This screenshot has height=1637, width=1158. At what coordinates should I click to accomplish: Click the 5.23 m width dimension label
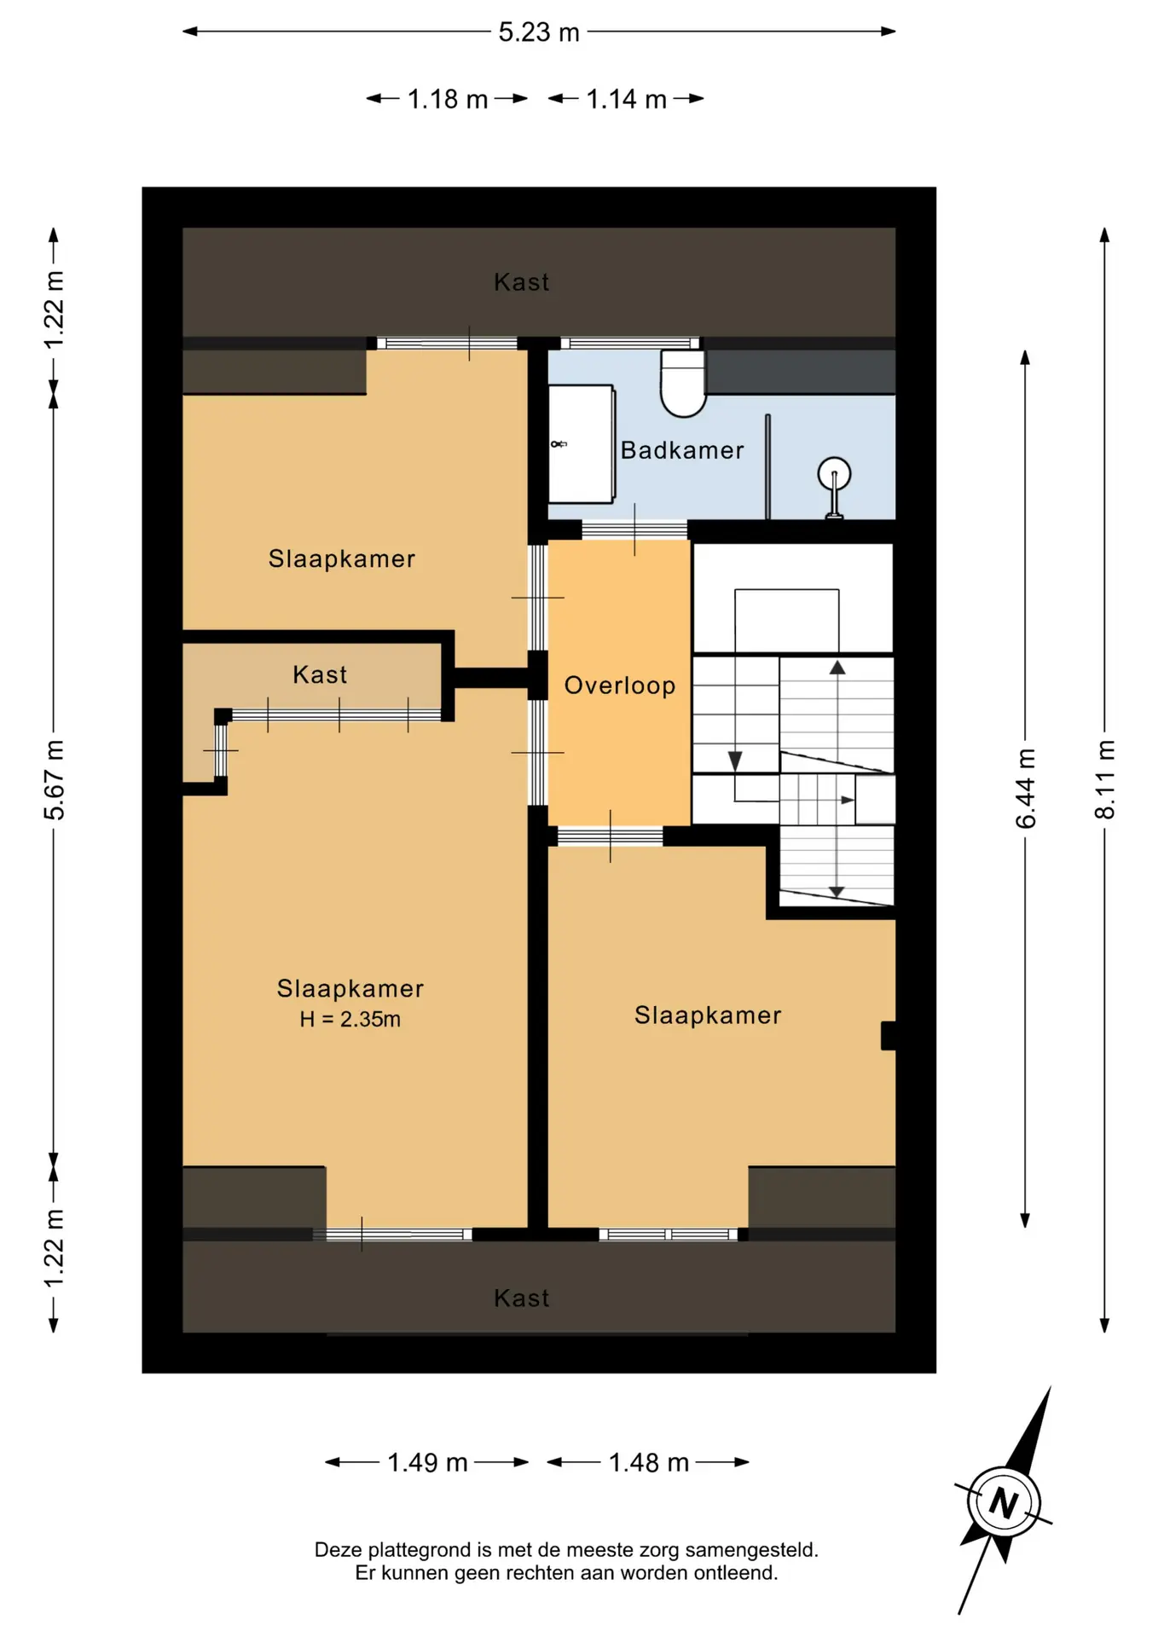pyautogui.click(x=539, y=32)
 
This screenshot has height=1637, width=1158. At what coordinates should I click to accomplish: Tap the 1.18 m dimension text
pyautogui.click(x=448, y=100)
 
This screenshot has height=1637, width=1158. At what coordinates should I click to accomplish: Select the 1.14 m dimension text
pyautogui.click(x=626, y=100)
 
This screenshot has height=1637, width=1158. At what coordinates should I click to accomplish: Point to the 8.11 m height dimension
pyautogui.click(x=1105, y=779)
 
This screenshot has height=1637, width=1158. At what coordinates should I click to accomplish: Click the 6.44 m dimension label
pyautogui.click(x=1026, y=788)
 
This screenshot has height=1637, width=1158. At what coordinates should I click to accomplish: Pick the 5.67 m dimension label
pyautogui.click(x=54, y=780)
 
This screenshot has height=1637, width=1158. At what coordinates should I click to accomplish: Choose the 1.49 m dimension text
pyautogui.click(x=427, y=1463)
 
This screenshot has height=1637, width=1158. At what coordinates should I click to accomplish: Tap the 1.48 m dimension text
pyautogui.click(x=648, y=1463)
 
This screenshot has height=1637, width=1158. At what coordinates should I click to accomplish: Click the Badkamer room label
pyautogui.click(x=682, y=450)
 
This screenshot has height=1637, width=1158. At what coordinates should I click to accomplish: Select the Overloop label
pyautogui.click(x=620, y=685)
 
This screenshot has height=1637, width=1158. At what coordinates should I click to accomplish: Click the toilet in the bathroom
pyautogui.click(x=684, y=384)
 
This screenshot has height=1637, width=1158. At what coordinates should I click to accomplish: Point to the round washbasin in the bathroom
pyautogui.click(x=834, y=474)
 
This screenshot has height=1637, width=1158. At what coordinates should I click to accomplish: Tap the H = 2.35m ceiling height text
pyautogui.click(x=350, y=1019)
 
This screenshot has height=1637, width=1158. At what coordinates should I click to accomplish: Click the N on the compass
pyautogui.click(x=1004, y=1502)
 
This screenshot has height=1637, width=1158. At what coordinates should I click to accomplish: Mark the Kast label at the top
pyautogui.click(x=522, y=282)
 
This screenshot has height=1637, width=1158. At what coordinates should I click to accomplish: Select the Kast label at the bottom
pyautogui.click(x=522, y=1299)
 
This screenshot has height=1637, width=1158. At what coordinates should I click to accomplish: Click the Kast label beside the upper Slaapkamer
pyautogui.click(x=320, y=674)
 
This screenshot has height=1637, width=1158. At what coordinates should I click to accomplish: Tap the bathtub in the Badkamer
pyautogui.click(x=582, y=444)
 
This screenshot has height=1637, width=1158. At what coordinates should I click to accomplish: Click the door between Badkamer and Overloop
pyautogui.click(x=634, y=529)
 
